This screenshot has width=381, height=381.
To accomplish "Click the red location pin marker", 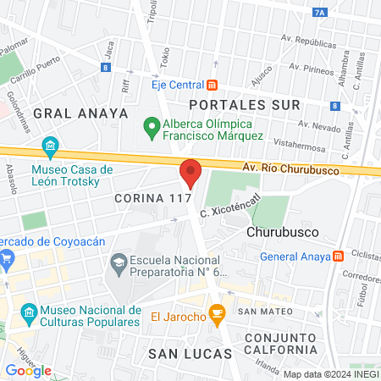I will (190, 174).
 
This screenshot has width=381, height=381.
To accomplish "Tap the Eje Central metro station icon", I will (212, 84).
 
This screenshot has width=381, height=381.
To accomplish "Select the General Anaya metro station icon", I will (338, 256).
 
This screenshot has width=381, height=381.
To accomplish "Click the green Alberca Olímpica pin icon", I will (152, 128).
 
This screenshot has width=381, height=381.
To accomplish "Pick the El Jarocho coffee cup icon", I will (217, 317).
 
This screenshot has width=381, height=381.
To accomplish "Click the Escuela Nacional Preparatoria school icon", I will (117, 265).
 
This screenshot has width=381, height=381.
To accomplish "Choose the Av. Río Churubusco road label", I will (290, 169).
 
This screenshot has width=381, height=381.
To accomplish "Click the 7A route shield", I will (342, 12).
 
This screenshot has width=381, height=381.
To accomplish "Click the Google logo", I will (28, 370).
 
